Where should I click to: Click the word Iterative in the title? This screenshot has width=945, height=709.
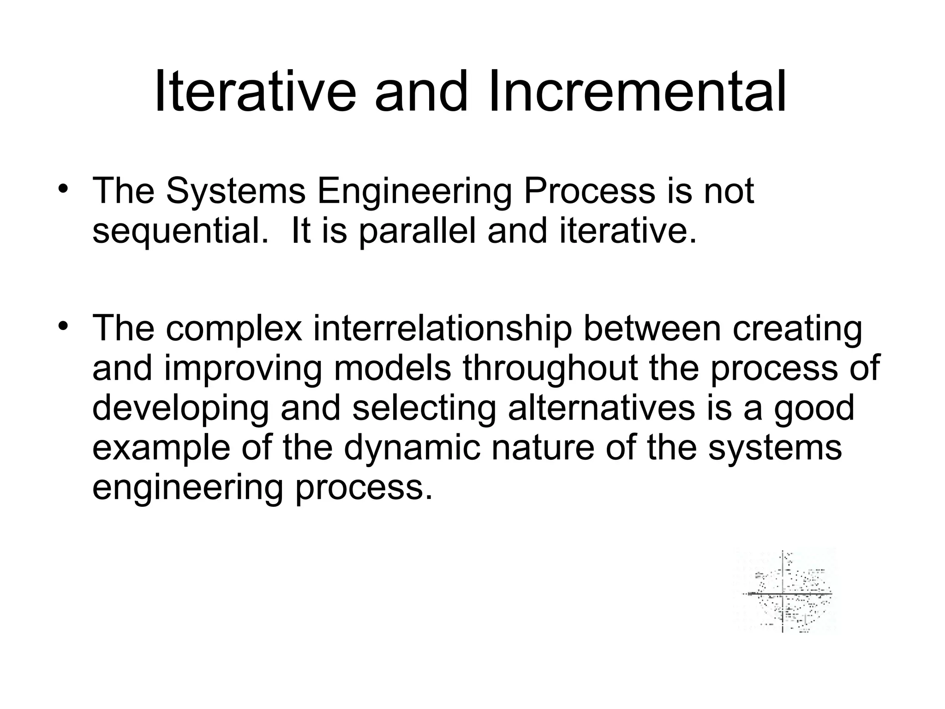point(255,91)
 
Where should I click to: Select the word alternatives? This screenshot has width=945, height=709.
point(601,409)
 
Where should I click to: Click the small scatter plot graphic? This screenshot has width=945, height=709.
point(785,591)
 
